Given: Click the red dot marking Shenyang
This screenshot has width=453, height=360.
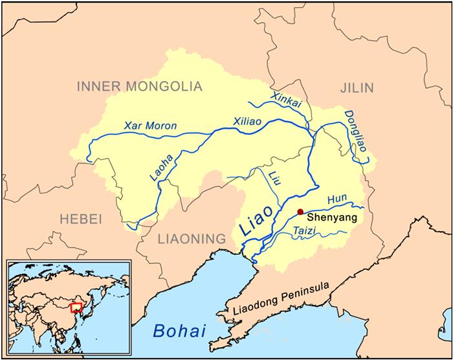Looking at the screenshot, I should [x=300, y=211].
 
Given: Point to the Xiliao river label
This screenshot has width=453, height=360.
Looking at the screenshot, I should [x=249, y=121].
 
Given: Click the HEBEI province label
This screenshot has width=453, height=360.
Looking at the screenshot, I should [x=81, y=219].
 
